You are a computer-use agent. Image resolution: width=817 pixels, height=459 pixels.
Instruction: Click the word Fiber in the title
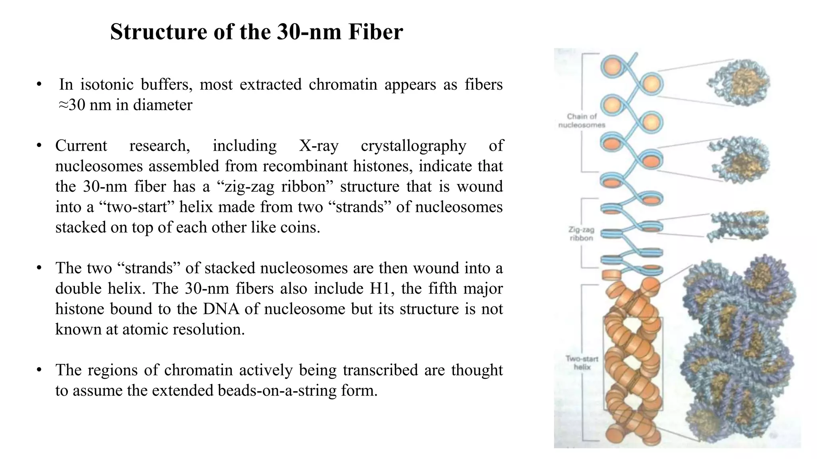(x=375, y=32)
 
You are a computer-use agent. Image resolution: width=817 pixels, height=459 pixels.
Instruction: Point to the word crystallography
(x=413, y=146)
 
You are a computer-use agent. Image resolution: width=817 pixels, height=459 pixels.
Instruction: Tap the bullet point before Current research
(x=39, y=146)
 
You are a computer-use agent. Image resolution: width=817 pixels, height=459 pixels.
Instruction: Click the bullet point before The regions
(x=39, y=370)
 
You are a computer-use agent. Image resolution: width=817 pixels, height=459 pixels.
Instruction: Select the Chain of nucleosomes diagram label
(x=582, y=121)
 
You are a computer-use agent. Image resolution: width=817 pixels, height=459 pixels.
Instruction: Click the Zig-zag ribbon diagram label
(x=581, y=234)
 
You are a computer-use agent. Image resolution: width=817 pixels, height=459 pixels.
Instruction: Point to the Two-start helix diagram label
(x=582, y=363)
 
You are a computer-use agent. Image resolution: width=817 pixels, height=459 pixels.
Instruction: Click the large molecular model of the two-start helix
(x=738, y=351)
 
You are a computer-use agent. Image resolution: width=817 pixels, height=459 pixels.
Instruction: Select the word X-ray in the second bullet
(x=319, y=146)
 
